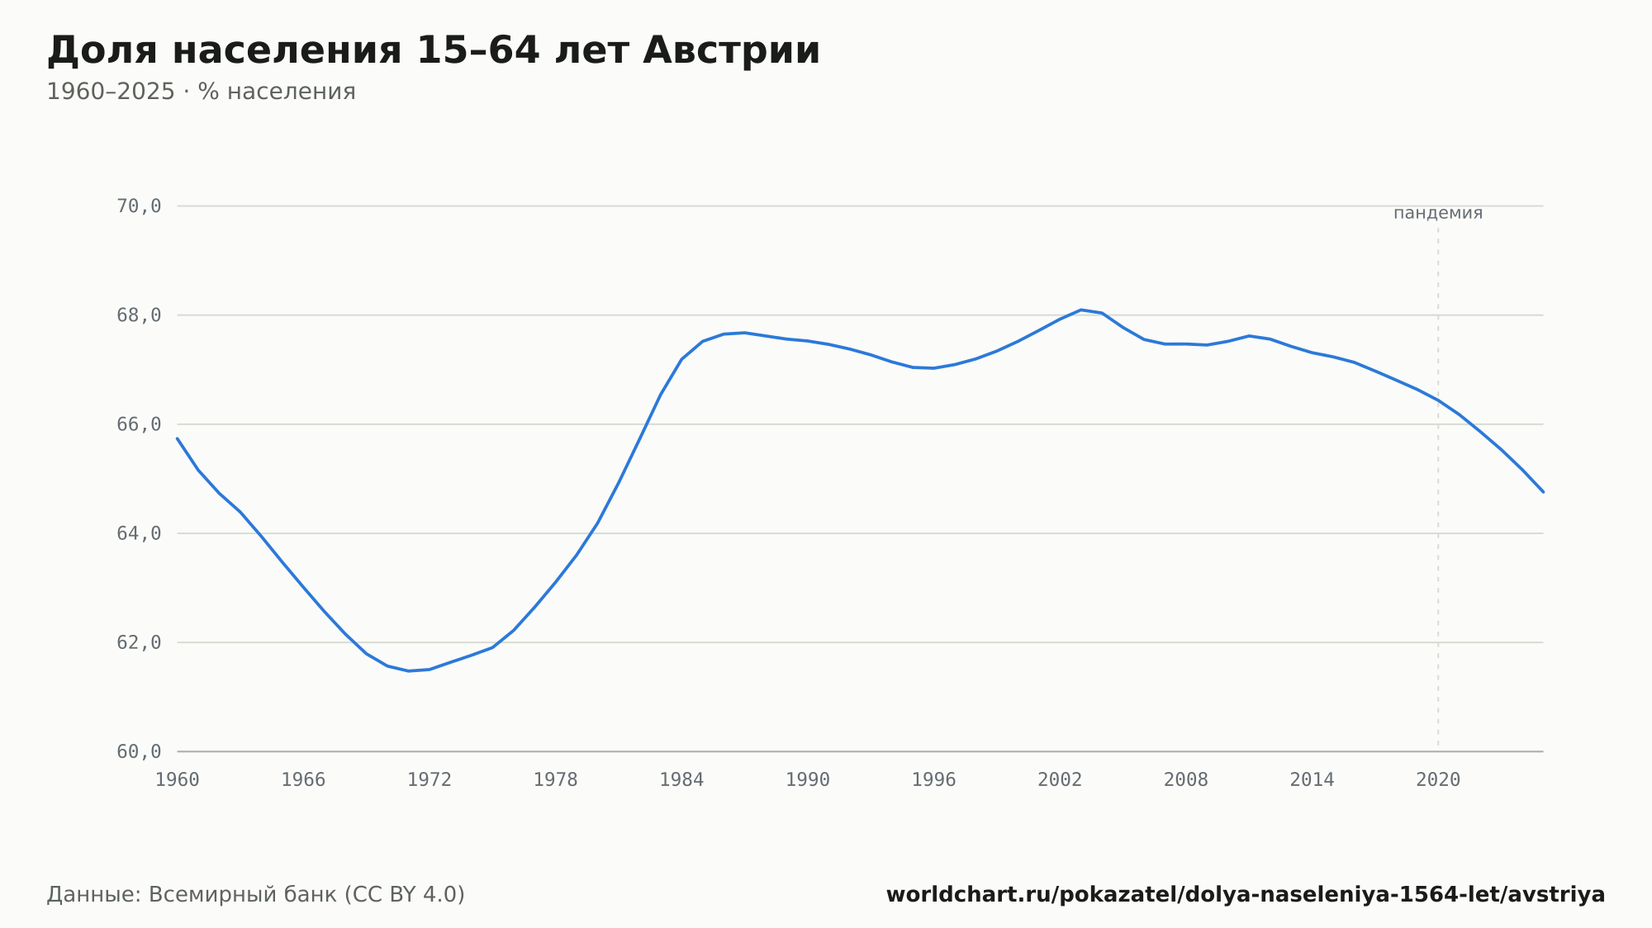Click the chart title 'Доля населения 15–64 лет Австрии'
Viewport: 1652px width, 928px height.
pyautogui.click(x=434, y=50)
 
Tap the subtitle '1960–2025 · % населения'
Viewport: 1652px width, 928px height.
pyautogui.click(x=201, y=92)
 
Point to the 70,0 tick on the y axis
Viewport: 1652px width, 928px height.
pyautogui.click(x=139, y=206)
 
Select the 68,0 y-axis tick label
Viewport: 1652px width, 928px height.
pyautogui.click(x=139, y=315)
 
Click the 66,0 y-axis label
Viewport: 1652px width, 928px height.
pyautogui.click(x=139, y=424)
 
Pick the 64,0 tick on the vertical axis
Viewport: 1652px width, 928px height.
pyautogui.click(x=139, y=533)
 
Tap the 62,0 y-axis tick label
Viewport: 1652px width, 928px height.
pyautogui.click(x=139, y=642)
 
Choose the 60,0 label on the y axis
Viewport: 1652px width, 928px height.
pyautogui.click(x=139, y=751)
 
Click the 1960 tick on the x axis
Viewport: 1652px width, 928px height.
pyautogui.click(x=178, y=780)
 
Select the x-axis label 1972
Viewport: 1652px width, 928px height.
pyautogui.click(x=430, y=780)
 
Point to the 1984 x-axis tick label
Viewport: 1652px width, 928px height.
pyautogui.click(x=681, y=780)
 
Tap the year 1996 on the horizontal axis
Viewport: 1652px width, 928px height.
pyautogui.click(x=933, y=780)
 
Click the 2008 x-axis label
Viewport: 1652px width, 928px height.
pyautogui.click(x=1186, y=780)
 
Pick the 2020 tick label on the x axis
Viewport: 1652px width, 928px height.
pyautogui.click(x=1438, y=780)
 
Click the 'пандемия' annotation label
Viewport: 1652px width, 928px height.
pyautogui.click(x=1438, y=213)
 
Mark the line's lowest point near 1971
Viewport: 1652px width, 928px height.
pyautogui.click(x=408, y=671)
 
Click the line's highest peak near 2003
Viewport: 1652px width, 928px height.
pyautogui.click(x=1080, y=310)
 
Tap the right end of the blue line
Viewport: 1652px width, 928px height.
pyautogui.click(x=1543, y=492)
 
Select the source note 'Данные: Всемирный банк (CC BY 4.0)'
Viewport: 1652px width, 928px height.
pyautogui.click(x=256, y=895)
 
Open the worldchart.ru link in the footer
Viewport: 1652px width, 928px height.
pyautogui.click(x=1246, y=895)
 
